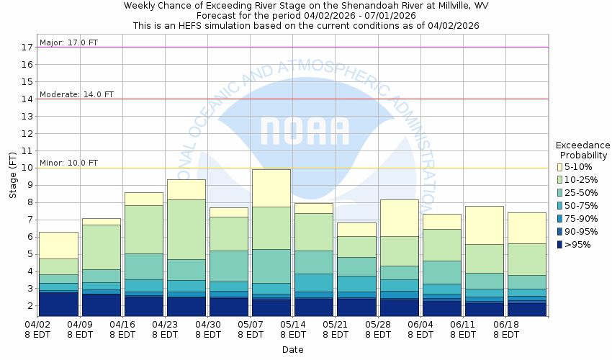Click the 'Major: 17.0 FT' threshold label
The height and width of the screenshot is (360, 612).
pos(69,42)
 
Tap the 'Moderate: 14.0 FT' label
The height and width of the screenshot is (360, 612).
pos(77,94)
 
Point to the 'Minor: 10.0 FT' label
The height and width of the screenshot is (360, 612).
pos(69,163)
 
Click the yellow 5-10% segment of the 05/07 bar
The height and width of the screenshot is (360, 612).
pos(271,188)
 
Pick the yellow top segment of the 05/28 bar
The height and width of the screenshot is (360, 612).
pos(398,217)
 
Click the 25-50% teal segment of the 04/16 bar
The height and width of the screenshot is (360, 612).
pos(143,266)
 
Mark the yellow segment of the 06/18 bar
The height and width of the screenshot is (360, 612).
pos(526,228)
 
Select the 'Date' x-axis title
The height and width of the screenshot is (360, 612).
pos(292,350)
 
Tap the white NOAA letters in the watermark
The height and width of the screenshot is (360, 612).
pos(305,130)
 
